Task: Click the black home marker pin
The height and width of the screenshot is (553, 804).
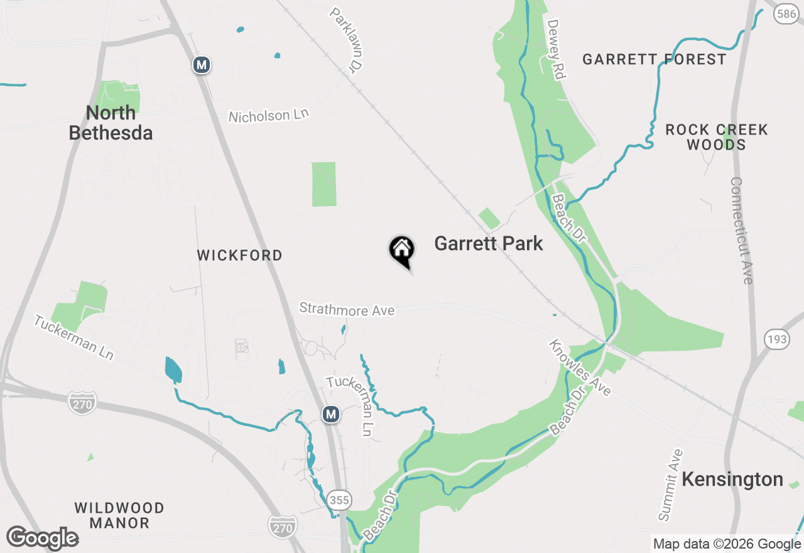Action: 402,251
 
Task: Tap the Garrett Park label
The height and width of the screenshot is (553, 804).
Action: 488,244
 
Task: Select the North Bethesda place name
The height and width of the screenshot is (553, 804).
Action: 111,123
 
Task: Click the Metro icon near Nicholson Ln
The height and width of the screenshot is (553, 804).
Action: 201,65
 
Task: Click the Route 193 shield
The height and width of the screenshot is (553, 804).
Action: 777,340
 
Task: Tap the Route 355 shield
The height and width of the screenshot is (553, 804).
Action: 340,500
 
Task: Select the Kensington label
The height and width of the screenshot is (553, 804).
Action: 732,479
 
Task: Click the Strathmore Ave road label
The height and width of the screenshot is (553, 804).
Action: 347,309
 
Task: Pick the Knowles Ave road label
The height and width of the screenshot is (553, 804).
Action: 580,368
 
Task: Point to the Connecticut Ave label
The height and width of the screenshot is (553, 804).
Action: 741,231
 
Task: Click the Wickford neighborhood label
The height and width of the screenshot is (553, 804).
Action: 239,256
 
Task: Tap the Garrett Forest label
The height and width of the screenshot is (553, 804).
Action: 654,60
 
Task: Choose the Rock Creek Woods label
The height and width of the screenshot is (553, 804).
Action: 716,137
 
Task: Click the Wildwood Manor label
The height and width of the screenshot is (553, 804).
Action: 119,515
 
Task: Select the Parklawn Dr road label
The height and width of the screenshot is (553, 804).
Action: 347,39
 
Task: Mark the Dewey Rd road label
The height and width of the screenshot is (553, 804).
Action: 557,49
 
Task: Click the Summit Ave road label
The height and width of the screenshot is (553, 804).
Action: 670,485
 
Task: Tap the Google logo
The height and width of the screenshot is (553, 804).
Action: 42,538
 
